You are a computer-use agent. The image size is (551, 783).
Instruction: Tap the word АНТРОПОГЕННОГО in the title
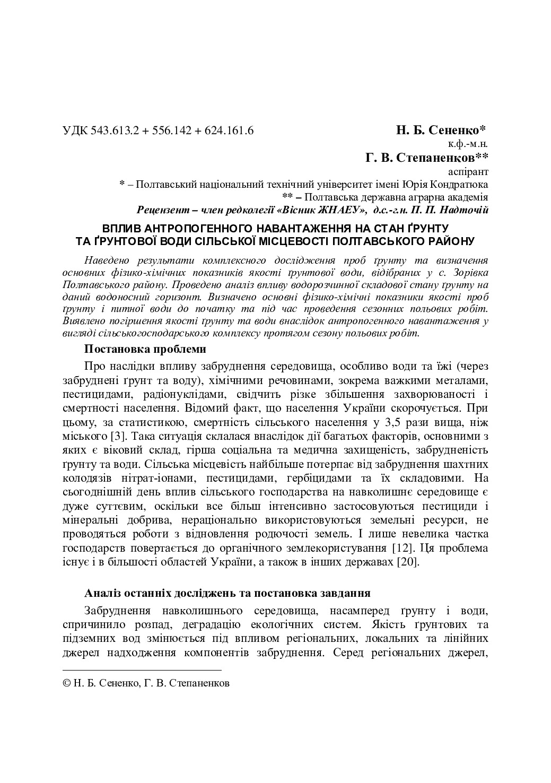coord(198,229)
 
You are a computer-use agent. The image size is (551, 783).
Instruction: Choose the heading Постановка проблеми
coord(144,350)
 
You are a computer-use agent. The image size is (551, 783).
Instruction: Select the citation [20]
coord(408,561)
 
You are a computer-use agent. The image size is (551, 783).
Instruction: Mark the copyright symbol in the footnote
coord(66,684)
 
